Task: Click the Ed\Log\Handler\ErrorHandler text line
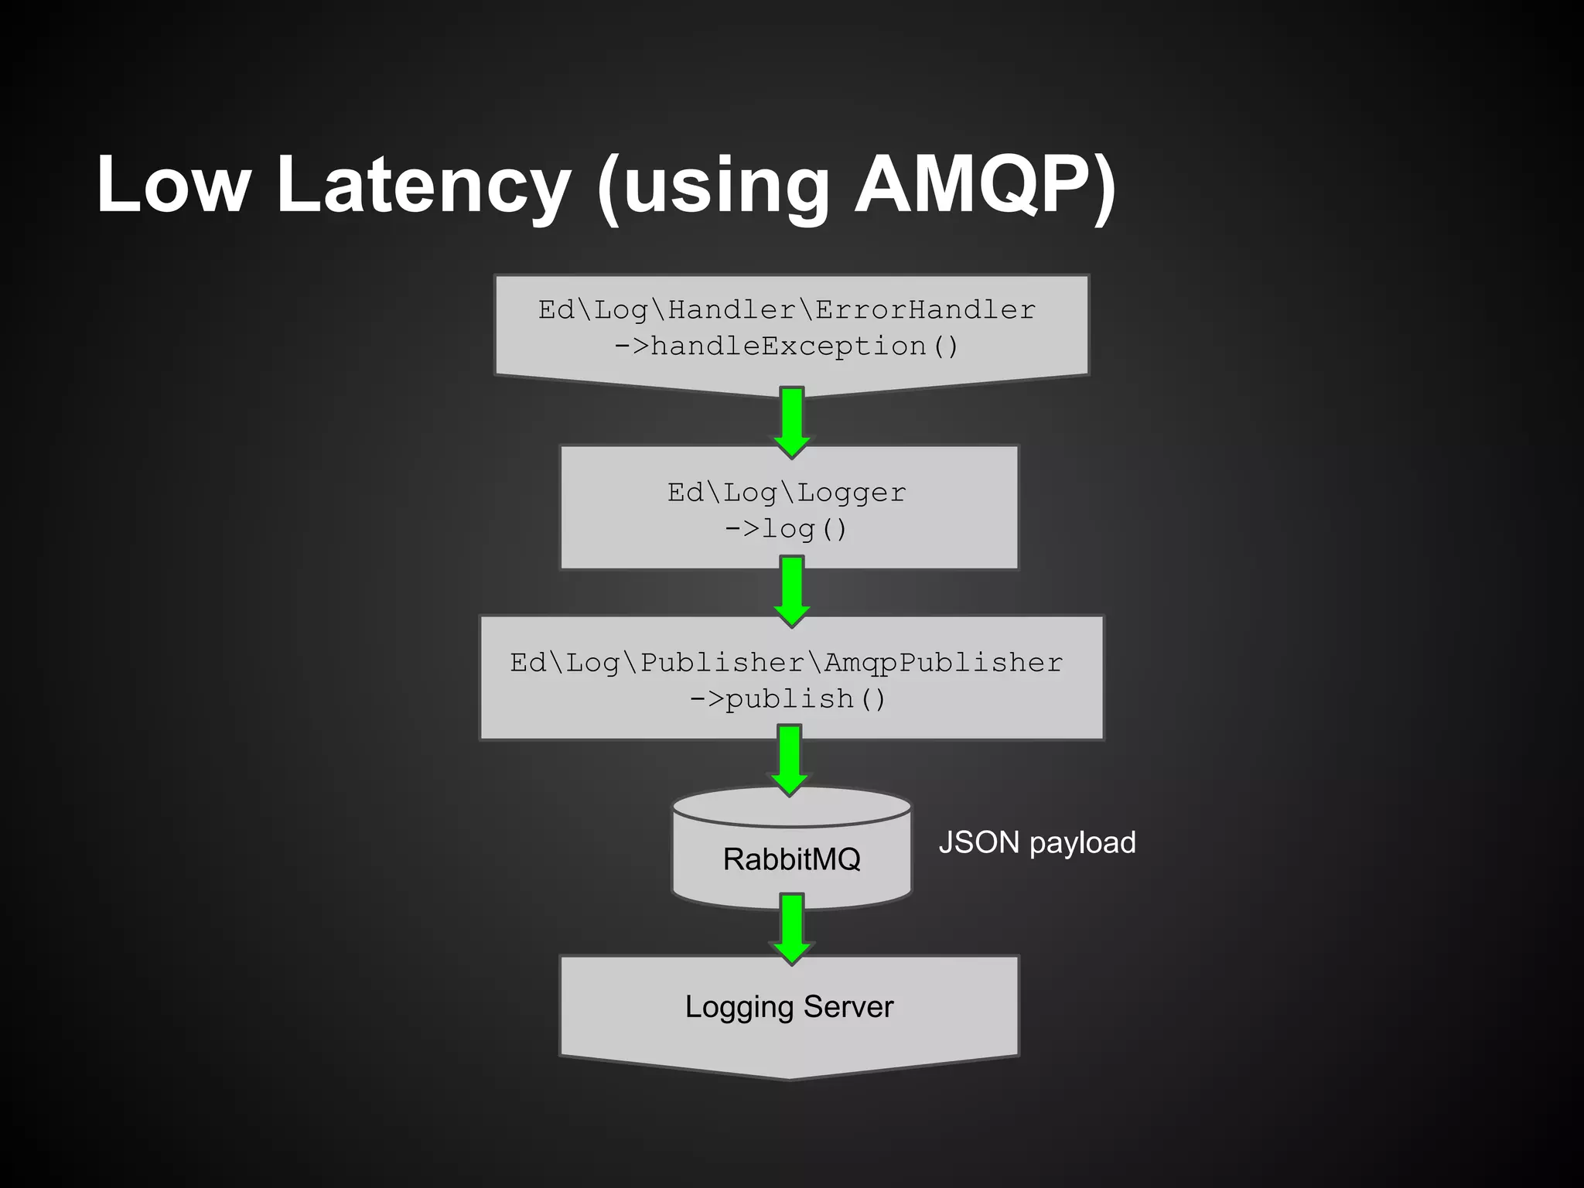coord(787,310)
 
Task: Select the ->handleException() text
coord(787,346)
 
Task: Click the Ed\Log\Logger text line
coord(787,493)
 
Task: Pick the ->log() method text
coord(787,529)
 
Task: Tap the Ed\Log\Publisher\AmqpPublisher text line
coord(787,663)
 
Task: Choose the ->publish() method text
coord(787,699)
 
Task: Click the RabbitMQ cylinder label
coord(791,859)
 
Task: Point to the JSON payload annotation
coord(1036,842)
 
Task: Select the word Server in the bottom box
coord(848,1007)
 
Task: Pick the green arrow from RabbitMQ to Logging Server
coord(791,929)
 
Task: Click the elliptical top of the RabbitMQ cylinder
coord(791,806)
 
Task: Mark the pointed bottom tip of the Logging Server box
coord(790,1077)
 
